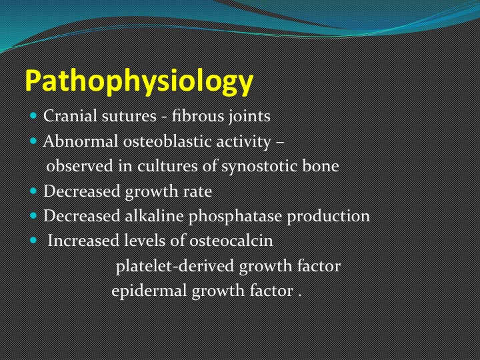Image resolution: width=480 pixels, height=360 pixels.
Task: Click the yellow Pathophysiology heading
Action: (139, 81)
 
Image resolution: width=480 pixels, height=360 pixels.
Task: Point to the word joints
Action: (249, 117)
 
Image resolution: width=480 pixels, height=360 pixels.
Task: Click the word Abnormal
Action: (81, 141)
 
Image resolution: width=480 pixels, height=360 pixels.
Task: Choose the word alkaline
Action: (154, 216)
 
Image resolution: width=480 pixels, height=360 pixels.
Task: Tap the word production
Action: (328, 217)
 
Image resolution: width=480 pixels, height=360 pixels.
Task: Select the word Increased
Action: (83, 241)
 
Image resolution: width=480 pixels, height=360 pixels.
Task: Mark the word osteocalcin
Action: (231, 241)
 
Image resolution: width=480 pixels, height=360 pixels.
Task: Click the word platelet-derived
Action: (175, 266)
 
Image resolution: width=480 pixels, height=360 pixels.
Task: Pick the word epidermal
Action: (149, 291)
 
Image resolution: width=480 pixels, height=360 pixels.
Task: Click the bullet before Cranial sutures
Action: (33, 116)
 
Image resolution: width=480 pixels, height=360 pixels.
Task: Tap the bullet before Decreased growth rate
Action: (33, 191)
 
